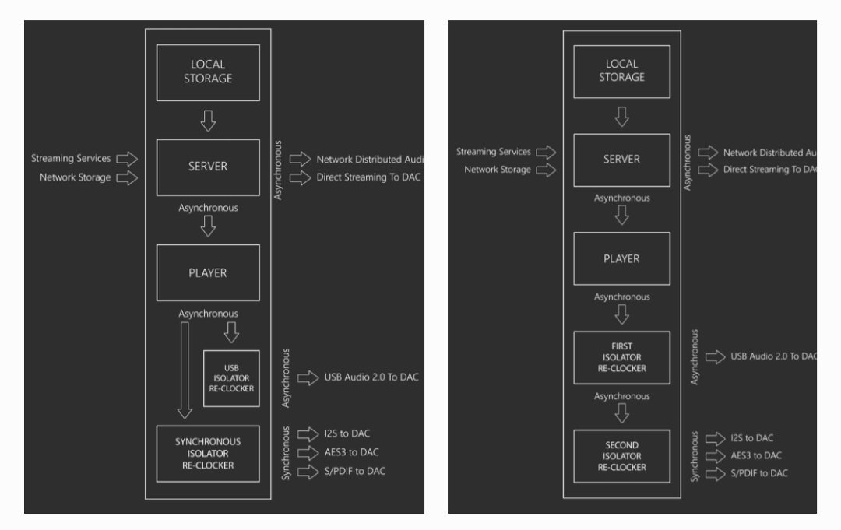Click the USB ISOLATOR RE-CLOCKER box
coord(231,378)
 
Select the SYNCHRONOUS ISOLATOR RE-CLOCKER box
coord(208,453)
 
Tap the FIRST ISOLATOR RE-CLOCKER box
coord(621,357)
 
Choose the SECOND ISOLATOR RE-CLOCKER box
coord(621,456)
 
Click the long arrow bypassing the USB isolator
coord(185,370)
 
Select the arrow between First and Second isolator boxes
coord(621,412)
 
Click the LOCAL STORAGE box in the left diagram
coord(208,72)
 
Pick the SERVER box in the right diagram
coord(621,160)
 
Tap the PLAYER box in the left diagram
coord(208,272)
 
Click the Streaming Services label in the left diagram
coord(71,159)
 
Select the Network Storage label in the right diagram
coord(498,170)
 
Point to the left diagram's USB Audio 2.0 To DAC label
coord(371,377)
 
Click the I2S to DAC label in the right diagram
coord(752,438)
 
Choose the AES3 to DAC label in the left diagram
coord(352,452)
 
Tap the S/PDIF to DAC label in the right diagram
coord(758,473)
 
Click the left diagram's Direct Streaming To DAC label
coord(368,177)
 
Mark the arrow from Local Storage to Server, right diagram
coord(621,117)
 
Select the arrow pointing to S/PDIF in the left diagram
coord(308,471)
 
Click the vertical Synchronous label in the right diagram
coord(695,456)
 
